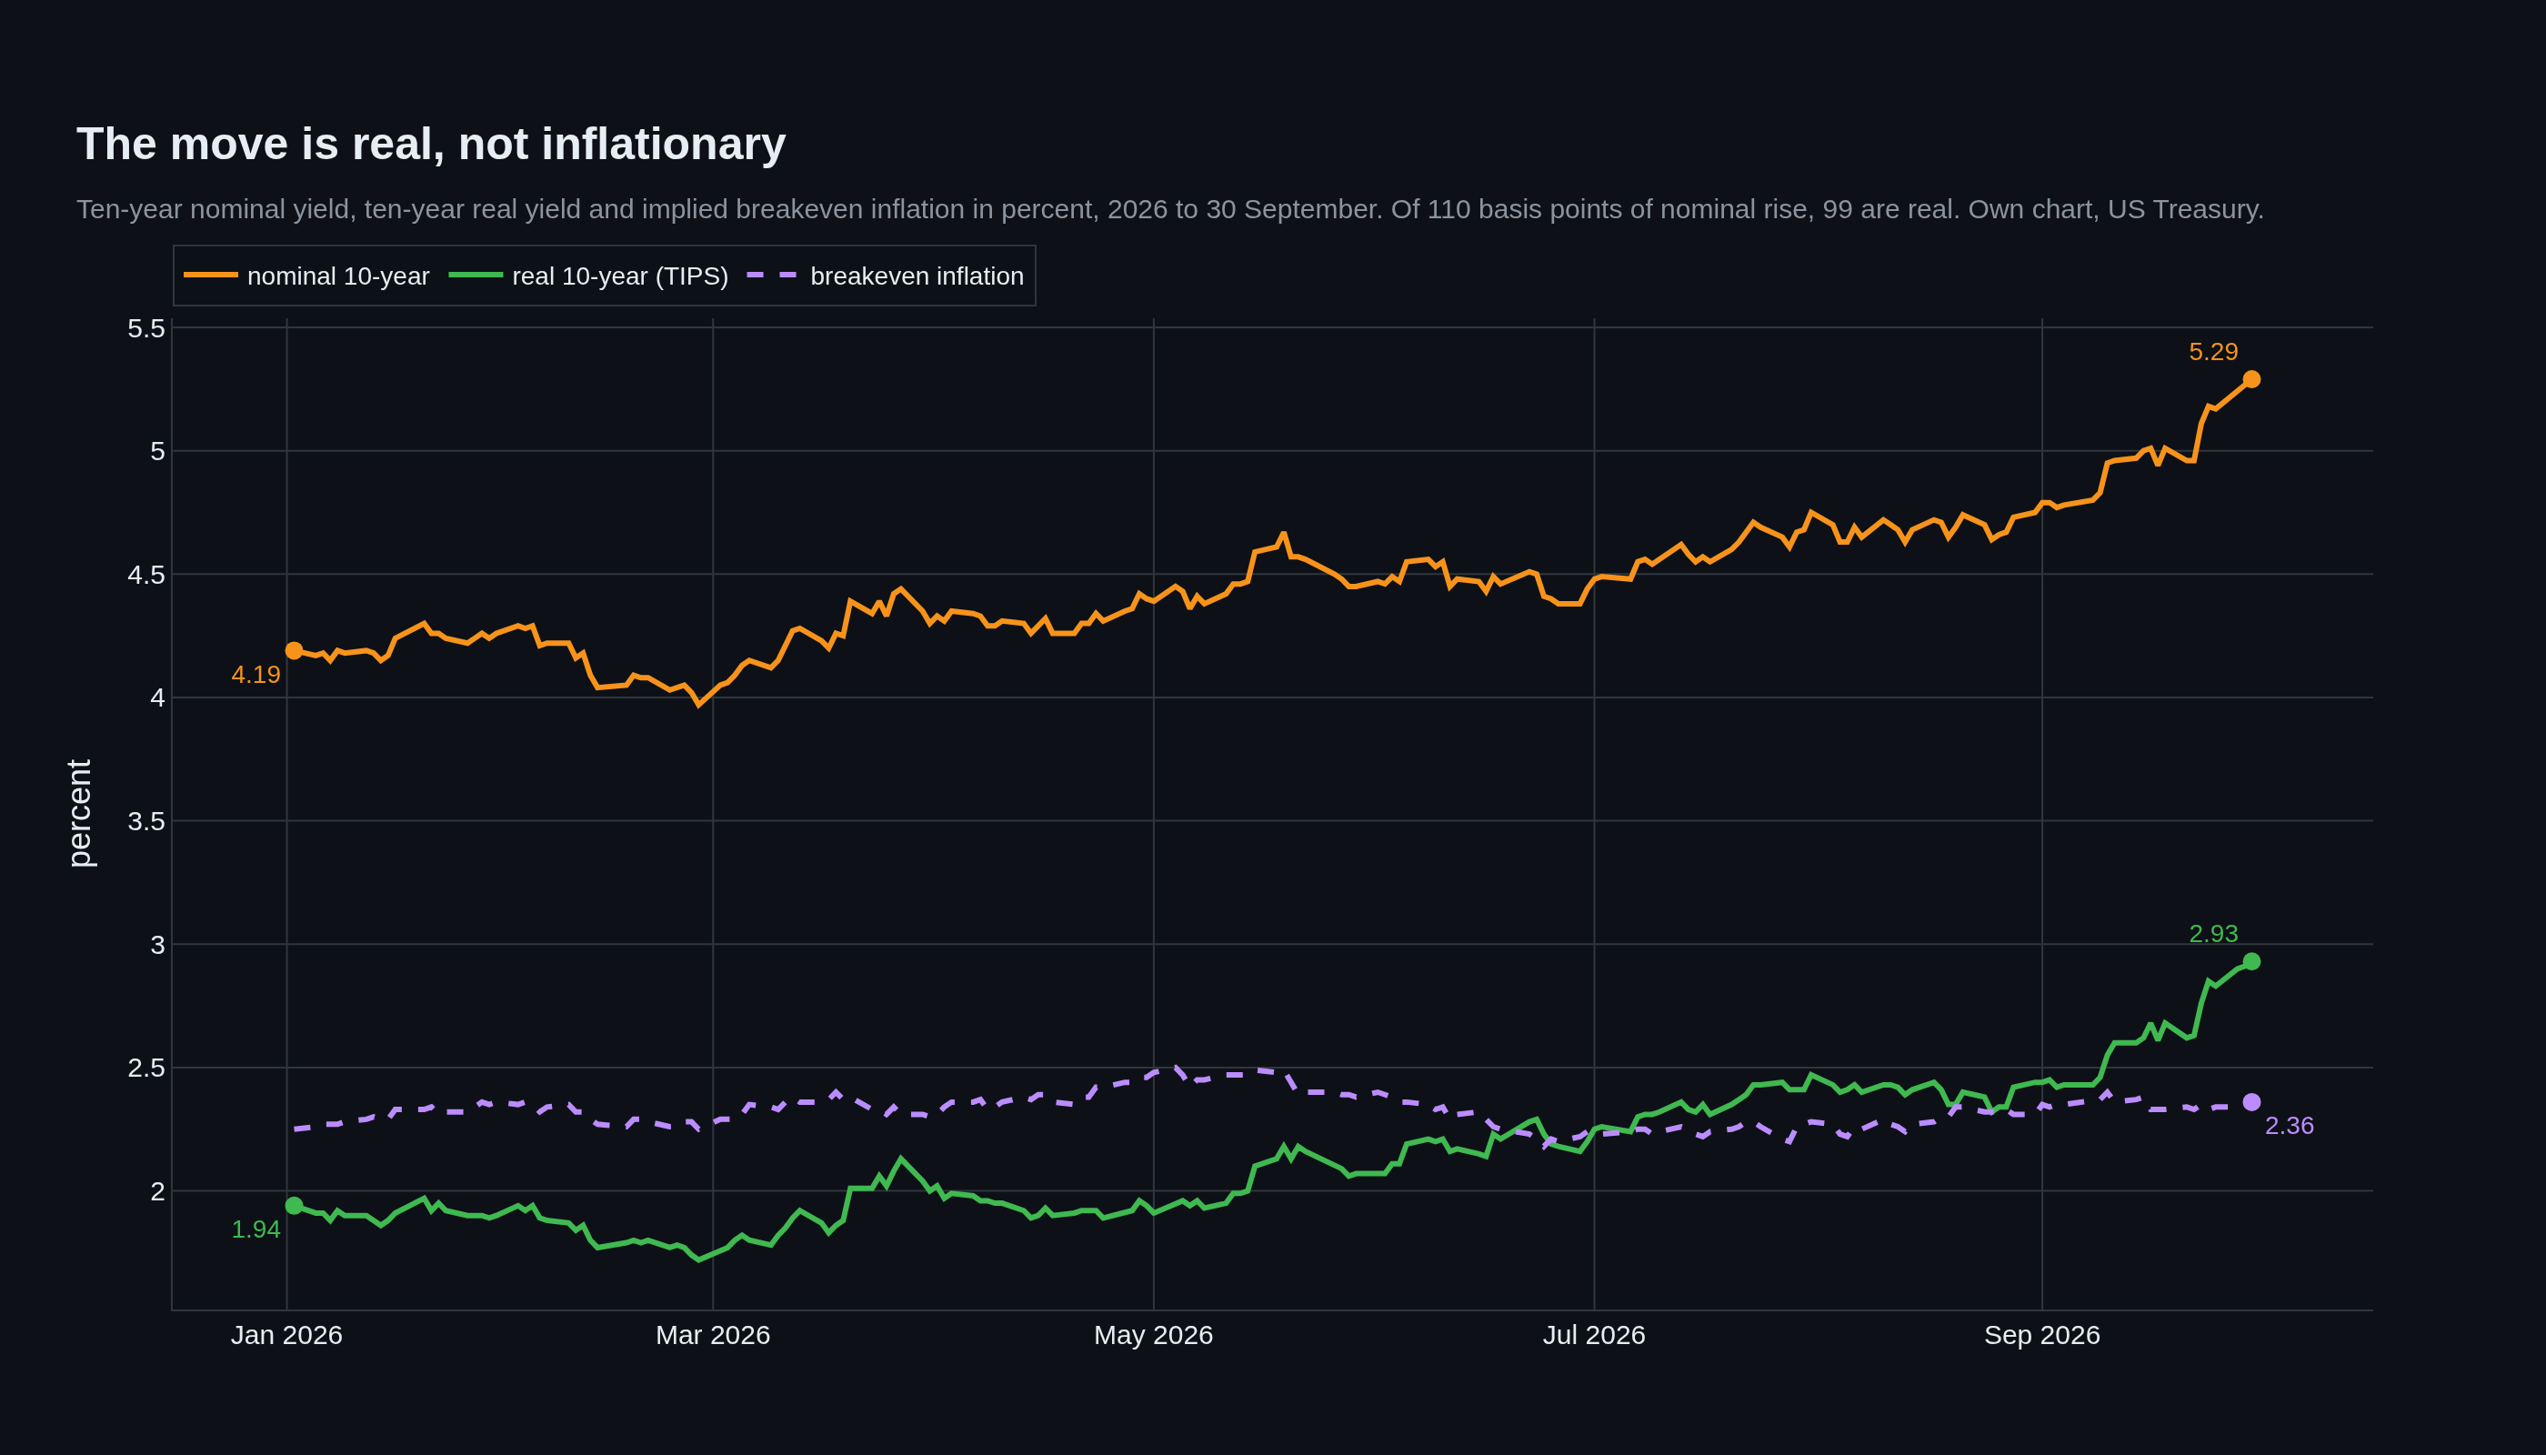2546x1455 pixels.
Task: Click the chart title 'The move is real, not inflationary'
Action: [431, 144]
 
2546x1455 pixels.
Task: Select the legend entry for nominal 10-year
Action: [306, 276]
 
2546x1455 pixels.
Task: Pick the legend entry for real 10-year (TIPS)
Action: [588, 276]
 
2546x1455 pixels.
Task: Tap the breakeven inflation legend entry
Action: [886, 276]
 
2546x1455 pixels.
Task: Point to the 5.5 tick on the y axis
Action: [145, 327]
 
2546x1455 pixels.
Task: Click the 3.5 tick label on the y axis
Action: [145, 821]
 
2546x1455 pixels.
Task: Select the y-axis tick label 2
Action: [157, 1191]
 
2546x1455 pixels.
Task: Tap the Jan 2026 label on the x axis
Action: [286, 1335]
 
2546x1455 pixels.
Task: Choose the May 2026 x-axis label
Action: [1153, 1335]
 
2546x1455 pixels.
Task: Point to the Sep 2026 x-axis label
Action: [2041, 1335]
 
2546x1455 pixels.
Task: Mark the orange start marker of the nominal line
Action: [294, 650]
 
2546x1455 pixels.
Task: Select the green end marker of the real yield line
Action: [2251, 961]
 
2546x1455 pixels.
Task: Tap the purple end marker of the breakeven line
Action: [2251, 1102]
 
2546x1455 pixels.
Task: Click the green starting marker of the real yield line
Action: [294, 1206]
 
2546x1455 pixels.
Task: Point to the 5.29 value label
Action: [2213, 352]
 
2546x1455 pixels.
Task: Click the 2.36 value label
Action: [2290, 1126]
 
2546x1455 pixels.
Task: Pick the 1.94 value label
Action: [256, 1230]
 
